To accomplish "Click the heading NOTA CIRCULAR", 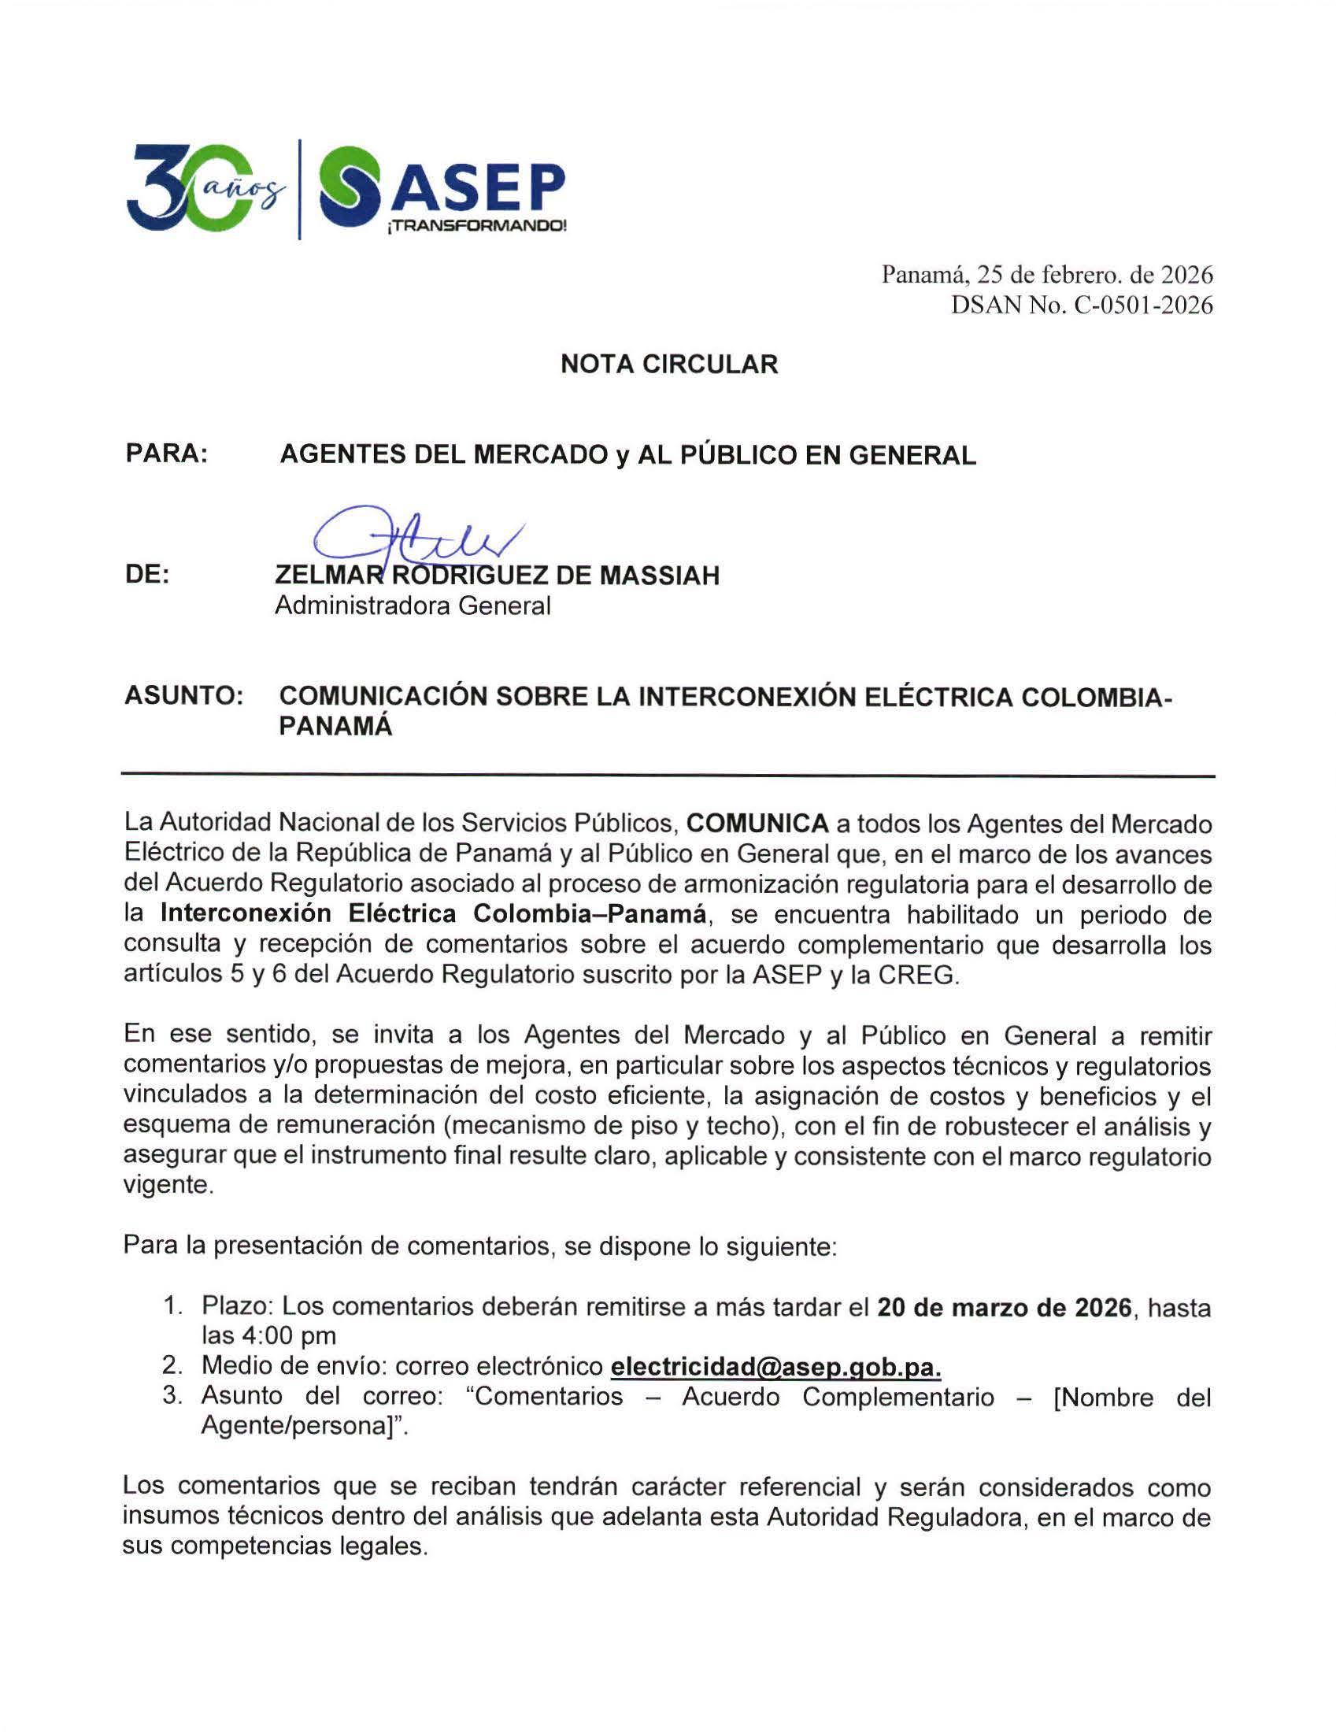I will [669, 365].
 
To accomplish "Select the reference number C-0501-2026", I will [1143, 305].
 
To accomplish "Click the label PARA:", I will [167, 454].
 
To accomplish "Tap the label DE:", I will [147, 575].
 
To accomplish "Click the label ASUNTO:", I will [183, 696].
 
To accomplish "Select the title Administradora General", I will [413, 606].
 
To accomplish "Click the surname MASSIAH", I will [659, 576].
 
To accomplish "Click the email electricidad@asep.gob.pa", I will [776, 1365].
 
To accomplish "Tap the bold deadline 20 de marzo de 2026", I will [1005, 1307].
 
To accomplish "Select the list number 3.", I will [172, 1396].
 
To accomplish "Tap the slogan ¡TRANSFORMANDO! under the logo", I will [476, 226].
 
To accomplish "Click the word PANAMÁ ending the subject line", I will [335, 727].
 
